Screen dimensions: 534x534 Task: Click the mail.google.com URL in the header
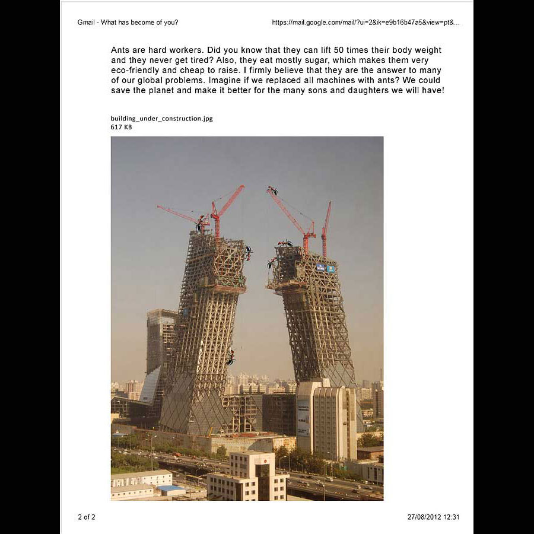365,23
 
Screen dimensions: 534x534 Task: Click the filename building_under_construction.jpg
161,119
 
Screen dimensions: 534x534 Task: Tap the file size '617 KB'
121,127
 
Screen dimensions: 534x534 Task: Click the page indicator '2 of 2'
86,517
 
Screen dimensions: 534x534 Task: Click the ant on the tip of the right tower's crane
272,191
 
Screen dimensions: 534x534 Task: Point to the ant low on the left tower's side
230,357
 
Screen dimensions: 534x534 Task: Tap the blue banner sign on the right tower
326,268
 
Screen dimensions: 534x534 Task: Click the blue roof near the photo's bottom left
170,488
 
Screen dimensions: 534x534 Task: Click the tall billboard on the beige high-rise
303,418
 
